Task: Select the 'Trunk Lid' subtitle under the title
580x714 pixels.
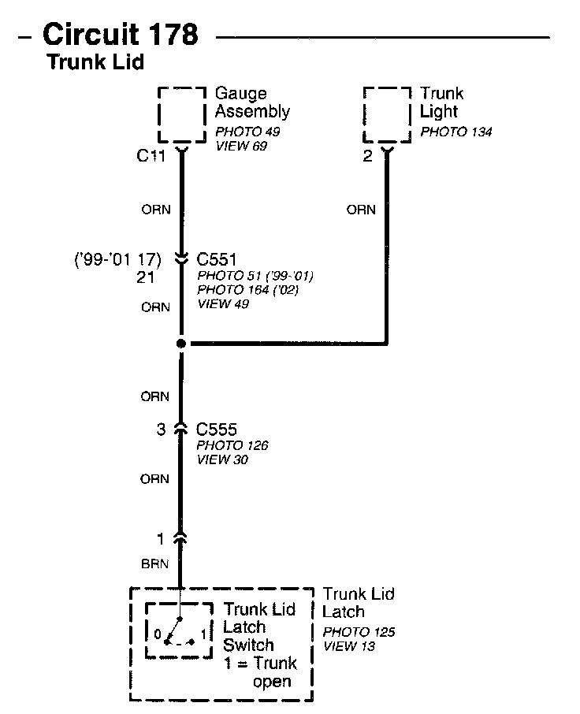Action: click(x=95, y=62)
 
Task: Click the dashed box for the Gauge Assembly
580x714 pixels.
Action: click(x=182, y=114)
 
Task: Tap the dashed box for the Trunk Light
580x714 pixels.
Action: click(x=387, y=114)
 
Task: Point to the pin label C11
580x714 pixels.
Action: click(x=151, y=156)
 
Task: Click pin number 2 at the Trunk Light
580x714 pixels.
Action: click(x=367, y=156)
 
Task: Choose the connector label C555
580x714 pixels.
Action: click(x=217, y=430)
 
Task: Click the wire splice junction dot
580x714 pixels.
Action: click(x=181, y=344)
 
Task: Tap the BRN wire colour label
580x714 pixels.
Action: click(x=155, y=564)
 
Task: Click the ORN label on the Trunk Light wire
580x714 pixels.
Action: click(x=361, y=210)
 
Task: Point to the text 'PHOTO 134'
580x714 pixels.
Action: click(x=455, y=132)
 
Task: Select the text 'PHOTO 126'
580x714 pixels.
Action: click(x=232, y=445)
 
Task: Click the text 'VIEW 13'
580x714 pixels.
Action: click(x=348, y=646)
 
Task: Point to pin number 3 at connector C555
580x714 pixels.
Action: click(x=162, y=430)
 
